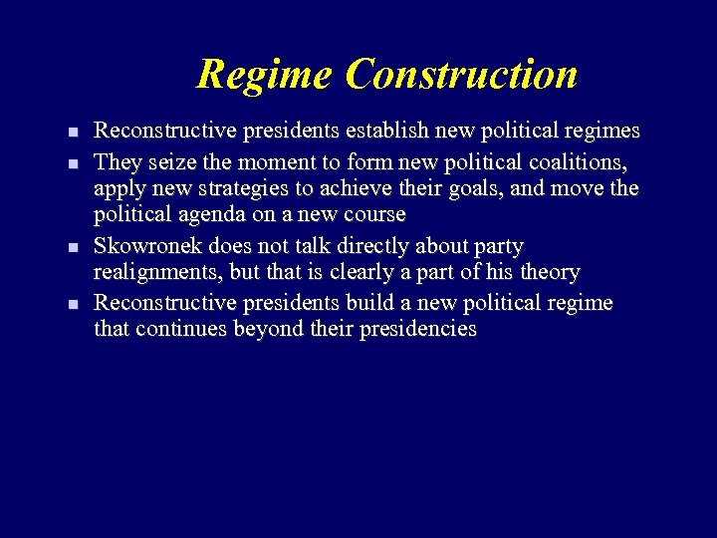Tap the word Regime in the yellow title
click(x=265, y=75)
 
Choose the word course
click(x=374, y=214)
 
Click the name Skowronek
click(x=147, y=245)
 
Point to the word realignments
click(x=156, y=272)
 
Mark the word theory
click(x=548, y=272)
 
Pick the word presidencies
click(x=418, y=329)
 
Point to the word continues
click(x=181, y=329)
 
